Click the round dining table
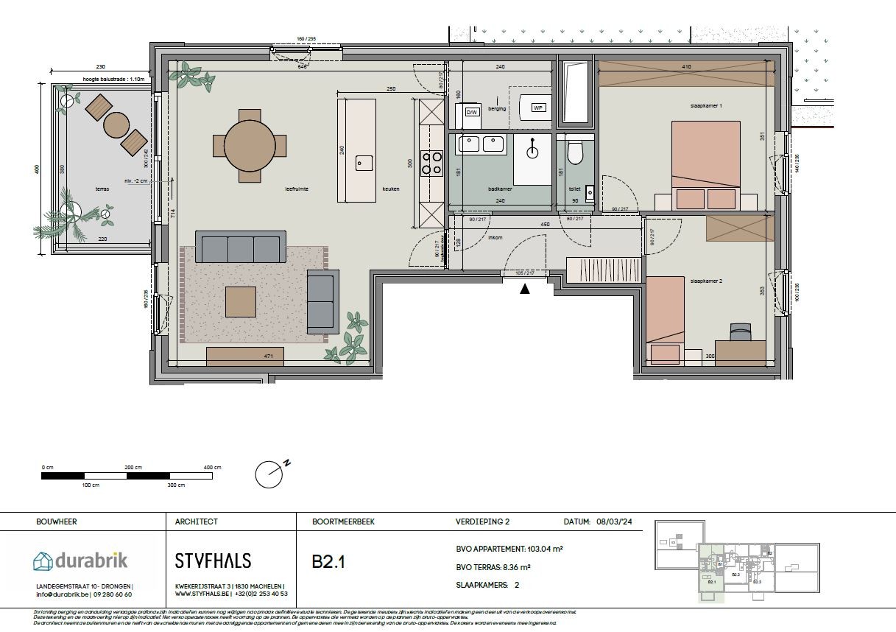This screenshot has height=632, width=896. pyautogui.click(x=250, y=145)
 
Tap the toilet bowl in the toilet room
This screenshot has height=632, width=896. pyautogui.click(x=575, y=152)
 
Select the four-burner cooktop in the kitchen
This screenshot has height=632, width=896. pyautogui.click(x=431, y=163)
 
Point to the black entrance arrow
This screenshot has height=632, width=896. pyautogui.click(x=525, y=289)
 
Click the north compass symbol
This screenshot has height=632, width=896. pyautogui.click(x=270, y=474)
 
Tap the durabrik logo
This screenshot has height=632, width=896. pyautogui.click(x=80, y=561)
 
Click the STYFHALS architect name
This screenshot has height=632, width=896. pyautogui.click(x=213, y=561)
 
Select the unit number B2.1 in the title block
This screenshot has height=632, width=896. pyautogui.click(x=328, y=562)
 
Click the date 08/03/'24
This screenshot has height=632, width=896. pyautogui.click(x=611, y=522)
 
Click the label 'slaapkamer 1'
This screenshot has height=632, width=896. pyautogui.click(x=706, y=106)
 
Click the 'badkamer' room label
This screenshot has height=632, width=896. pyautogui.click(x=500, y=189)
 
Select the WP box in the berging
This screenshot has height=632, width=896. pyautogui.click(x=538, y=108)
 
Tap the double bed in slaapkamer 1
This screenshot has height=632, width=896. pyautogui.click(x=706, y=165)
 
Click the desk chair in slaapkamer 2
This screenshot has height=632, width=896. pyautogui.click(x=740, y=332)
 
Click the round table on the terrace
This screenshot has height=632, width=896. pyautogui.click(x=116, y=124)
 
